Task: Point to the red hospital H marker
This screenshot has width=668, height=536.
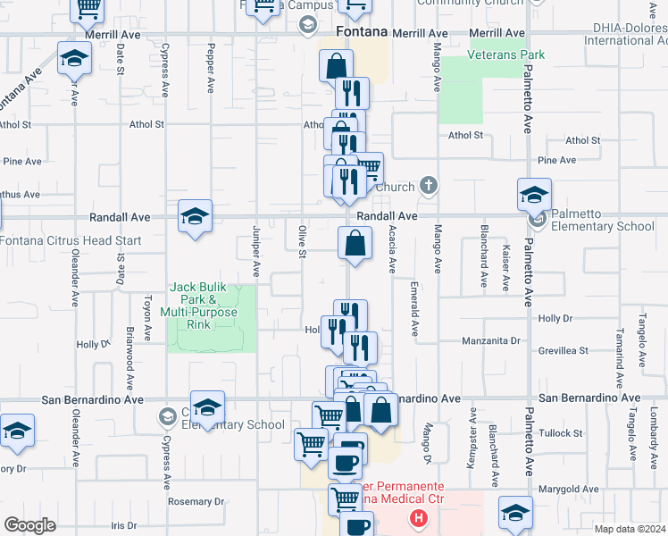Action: [x=416, y=517]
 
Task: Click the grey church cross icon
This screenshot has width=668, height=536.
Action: [x=429, y=186]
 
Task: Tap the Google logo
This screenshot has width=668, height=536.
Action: [x=29, y=525]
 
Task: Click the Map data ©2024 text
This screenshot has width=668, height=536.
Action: [x=630, y=529]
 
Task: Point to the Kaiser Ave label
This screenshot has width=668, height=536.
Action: [x=506, y=267]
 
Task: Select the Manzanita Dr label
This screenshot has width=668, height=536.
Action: [x=490, y=340]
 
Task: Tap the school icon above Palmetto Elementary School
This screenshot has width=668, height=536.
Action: [x=534, y=194]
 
